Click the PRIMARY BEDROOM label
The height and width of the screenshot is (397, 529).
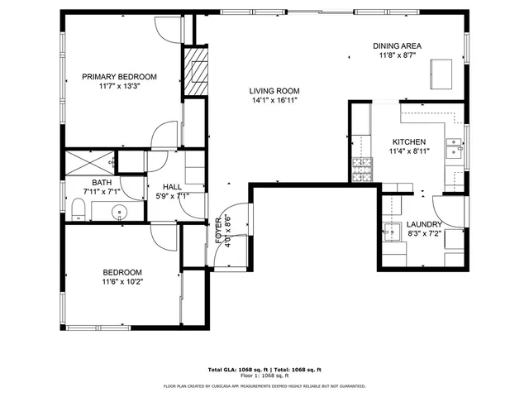pyautogui.click(x=119, y=76)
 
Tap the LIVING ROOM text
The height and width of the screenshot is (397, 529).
pyautogui.click(x=274, y=91)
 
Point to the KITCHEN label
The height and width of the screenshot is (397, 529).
pyautogui.click(x=408, y=141)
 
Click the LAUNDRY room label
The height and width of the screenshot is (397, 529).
pyautogui.click(x=424, y=224)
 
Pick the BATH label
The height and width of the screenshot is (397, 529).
pyautogui.click(x=102, y=183)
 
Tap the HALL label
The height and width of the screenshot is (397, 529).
pyautogui.click(x=172, y=187)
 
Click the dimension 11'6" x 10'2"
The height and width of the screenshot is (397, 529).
pyautogui.click(x=122, y=282)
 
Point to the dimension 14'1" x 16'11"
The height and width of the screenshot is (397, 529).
pyautogui.click(x=274, y=101)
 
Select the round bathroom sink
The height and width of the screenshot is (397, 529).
pyautogui.click(x=121, y=213)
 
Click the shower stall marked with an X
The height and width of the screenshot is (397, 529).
pyautogui.click(x=91, y=161)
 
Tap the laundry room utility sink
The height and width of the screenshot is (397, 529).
pyautogui.click(x=393, y=229)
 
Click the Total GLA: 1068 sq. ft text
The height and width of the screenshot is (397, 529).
pyautogui.click(x=235, y=370)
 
